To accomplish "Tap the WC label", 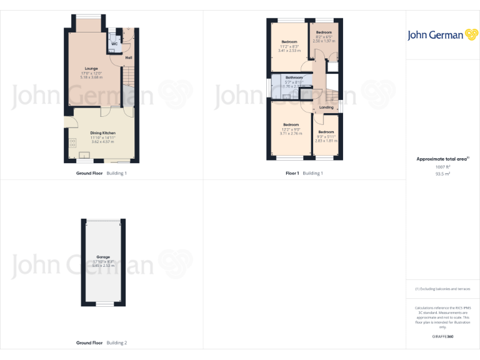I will (114, 44).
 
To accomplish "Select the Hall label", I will (129, 58).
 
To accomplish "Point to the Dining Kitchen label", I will (102, 133).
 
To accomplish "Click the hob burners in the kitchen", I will (72, 143).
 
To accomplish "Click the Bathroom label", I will (294, 77).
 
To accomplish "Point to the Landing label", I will (326, 107).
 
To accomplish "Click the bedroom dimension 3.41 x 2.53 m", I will (289, 51).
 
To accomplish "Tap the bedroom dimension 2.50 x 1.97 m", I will (324, 41).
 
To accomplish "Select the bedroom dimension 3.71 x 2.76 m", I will (291, 134).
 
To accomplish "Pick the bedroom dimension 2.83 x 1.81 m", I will (326, 141).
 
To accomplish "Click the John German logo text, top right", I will (435, 35).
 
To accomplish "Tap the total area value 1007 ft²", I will (442, 167).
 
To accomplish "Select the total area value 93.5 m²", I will (442, 174).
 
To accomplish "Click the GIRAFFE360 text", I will (442, 337).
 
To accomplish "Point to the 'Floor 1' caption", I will (292, 172).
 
